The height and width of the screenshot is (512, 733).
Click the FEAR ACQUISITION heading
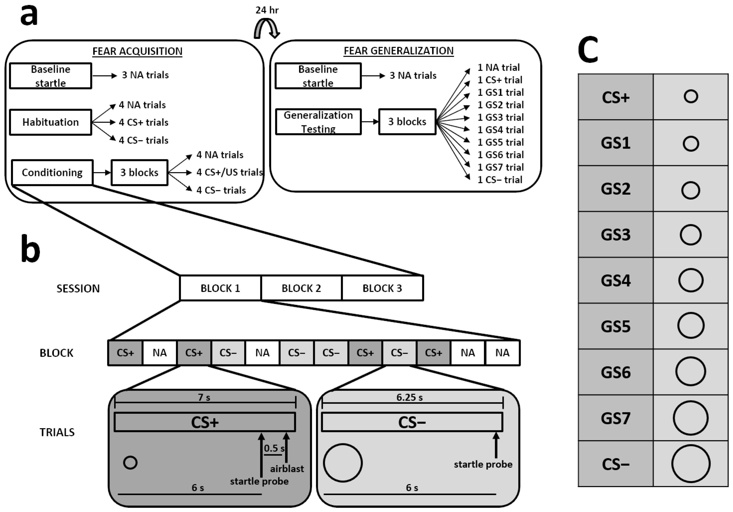[x=137, y=51]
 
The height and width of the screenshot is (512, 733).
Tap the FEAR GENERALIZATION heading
[x=398, y=51]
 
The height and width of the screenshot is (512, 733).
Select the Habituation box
[x=50, y=122]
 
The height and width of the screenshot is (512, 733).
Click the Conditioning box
[x=52, y=172]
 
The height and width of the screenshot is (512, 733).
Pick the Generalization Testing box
[x=318, y=122]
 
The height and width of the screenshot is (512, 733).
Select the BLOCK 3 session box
[x=382, y=288]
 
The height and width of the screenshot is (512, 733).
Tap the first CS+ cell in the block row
[x=125, y=353]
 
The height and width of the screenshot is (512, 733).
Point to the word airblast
[x=287, y=469]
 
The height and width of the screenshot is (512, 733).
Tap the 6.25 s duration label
[x=410, y=397]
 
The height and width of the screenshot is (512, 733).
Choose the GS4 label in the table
[x=615, y=280]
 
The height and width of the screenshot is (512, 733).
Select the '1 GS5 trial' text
[x=501, y=142]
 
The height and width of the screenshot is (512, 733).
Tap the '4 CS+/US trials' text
[x=229, y=172]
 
